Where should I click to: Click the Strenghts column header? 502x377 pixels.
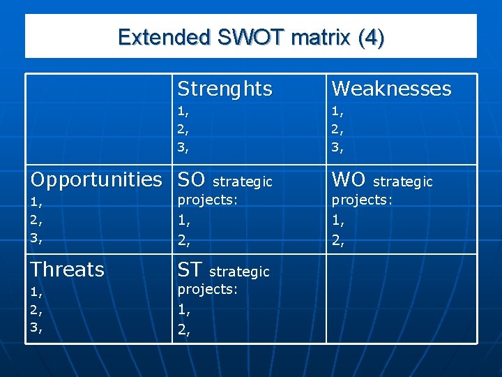[225, 89]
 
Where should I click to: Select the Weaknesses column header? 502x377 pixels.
[391, 89]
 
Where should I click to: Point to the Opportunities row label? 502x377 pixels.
[96, 180]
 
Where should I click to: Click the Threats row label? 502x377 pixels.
[68, 269]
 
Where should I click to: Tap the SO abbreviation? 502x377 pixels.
[192, 180]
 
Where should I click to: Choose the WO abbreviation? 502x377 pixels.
[349, 180]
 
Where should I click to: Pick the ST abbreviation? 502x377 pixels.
[190, 269]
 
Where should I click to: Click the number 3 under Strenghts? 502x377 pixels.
[183, 147]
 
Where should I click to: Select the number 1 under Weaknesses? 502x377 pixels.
[337, 111]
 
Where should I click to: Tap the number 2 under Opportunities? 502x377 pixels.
[36, 220]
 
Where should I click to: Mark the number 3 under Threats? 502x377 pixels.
[36, 327]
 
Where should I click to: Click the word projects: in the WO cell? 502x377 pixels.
[362, 200]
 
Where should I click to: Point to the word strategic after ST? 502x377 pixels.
[239, 271]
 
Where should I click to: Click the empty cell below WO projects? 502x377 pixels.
[401, 298]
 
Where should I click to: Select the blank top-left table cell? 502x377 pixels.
[98, 119]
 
